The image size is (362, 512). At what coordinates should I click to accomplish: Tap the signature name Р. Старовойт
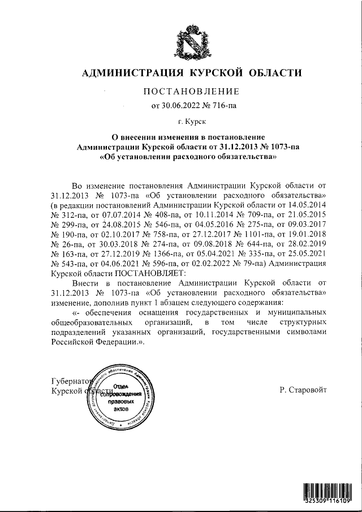[303, 390]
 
